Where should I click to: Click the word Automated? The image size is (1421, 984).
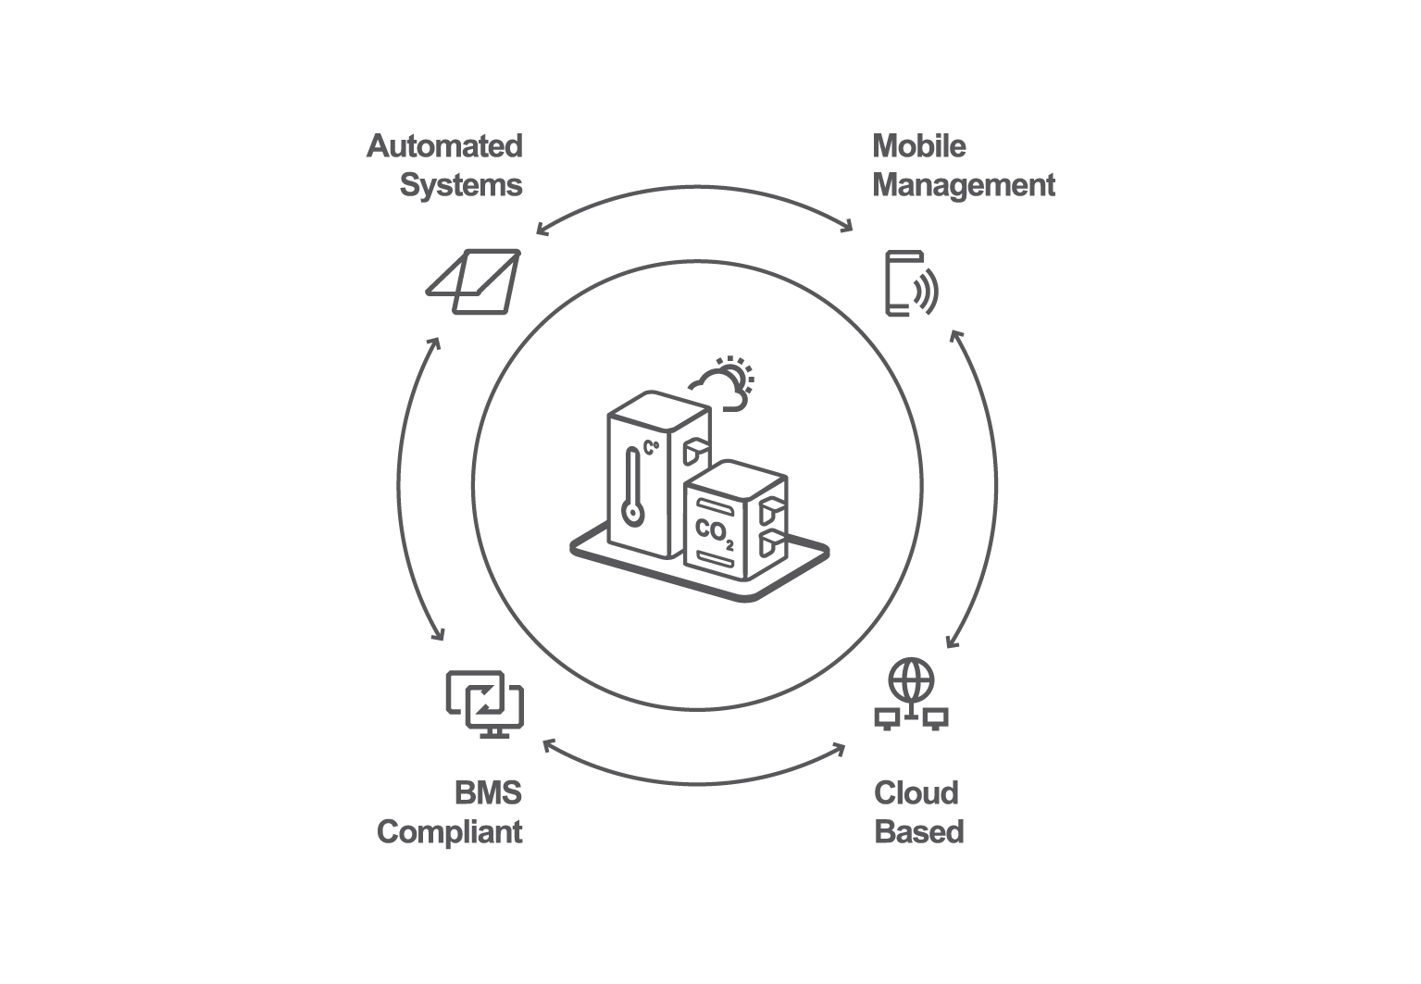[x=444, y=146]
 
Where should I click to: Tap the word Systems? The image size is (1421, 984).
[x=460, y=185]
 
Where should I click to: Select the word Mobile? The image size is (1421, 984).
[x=918, y=146]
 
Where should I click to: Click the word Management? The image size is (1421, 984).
[x=963, y=185]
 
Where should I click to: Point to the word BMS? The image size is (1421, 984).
[x=488, y=793]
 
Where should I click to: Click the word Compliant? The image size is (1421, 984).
[x=449, y=831]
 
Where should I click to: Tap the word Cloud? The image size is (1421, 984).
[x=916, y=793]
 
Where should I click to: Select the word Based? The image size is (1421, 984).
[x=918, y=831]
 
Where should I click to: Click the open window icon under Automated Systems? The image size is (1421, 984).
[x=473, y=281]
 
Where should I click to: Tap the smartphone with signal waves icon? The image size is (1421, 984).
[x=911, y=283]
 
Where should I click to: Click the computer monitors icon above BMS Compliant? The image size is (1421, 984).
[x=484, y=704]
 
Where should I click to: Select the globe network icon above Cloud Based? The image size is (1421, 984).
[x=911, y=694]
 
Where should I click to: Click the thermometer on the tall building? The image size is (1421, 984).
[x=632, y=486]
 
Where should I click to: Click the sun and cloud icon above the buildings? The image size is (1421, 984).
[x=724, y=381]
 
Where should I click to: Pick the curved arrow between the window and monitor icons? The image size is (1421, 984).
[x=395, y=486]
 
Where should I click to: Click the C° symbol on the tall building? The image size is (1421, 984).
[x=652, y=449]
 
